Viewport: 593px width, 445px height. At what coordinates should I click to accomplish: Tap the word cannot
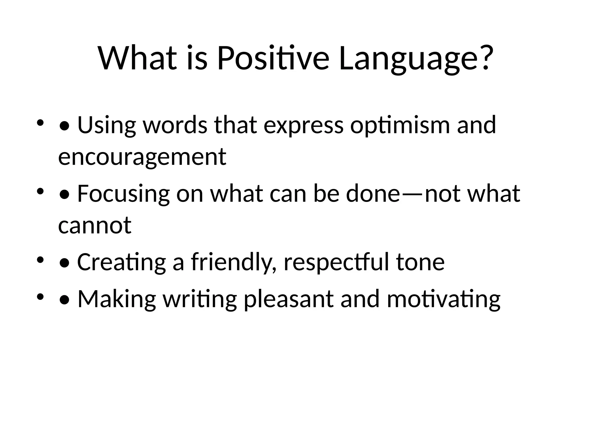[x=95, y=225]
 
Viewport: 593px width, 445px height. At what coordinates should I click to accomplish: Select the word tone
[x=420, y=262]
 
